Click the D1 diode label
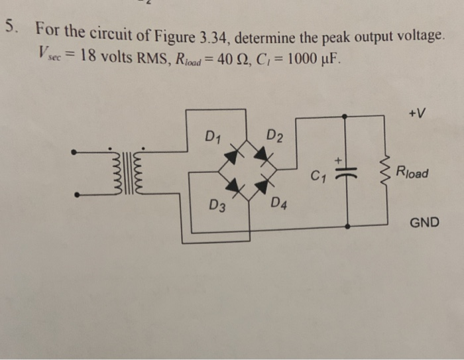click(212, 138)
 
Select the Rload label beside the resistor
click(412, 174)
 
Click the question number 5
click(9, 28)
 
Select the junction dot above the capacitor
click(346, 115)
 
